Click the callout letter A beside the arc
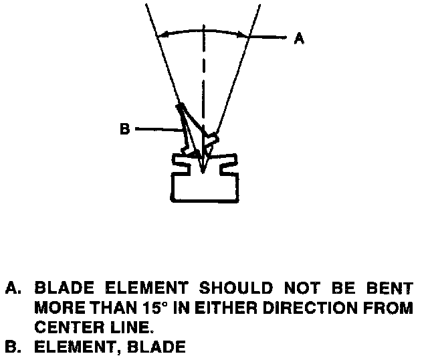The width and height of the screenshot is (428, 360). (x=300, y=39)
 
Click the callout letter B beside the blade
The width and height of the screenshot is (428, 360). (x=124, y=129)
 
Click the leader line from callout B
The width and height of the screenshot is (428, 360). (x=157, y=128)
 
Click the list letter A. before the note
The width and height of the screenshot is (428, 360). (x=14, y=289)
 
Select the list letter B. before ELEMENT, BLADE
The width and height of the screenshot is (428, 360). (x=14, y=348)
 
